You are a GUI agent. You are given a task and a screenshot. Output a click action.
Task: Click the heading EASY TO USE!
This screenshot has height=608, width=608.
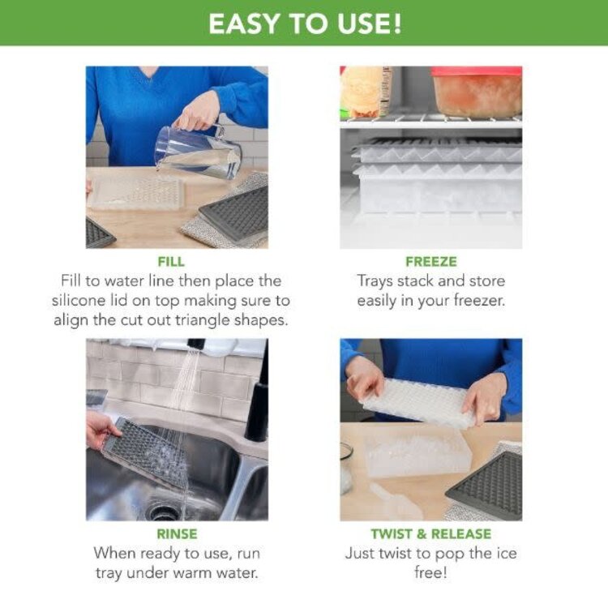[x=304, y=23]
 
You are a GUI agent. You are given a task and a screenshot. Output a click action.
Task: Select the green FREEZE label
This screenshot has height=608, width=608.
[x=430, y=262]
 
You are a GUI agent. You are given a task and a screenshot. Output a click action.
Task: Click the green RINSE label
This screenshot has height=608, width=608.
[x=176, y=534]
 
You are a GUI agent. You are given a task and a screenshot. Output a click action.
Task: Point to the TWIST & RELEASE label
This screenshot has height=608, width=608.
[x=430, y=534]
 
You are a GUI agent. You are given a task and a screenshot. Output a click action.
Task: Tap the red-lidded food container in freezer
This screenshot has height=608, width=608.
[x=476, y=91]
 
